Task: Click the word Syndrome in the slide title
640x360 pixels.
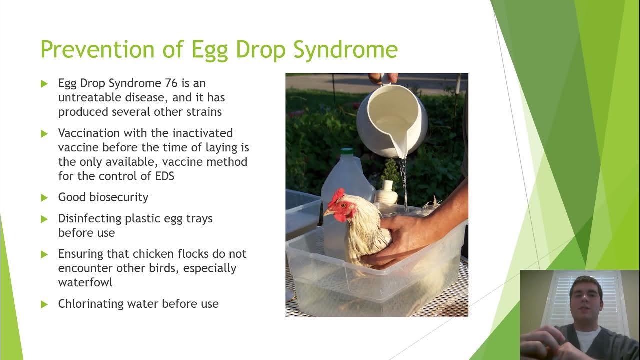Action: point(345,50)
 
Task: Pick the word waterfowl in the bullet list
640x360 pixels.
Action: point(85,282)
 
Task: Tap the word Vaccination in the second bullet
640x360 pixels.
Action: point(88,133)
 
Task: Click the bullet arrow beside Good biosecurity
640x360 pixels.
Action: point(44,198)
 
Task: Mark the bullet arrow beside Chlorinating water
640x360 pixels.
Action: point(44,304)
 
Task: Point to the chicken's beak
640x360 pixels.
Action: point(326,212)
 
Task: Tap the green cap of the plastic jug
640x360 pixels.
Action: point(347,151)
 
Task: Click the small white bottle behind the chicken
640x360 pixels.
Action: point(386,192)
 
